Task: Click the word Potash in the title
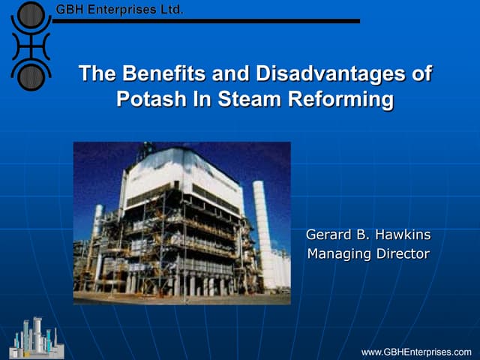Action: click(x=150, y=99)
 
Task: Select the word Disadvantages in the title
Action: click(x=327, y=74)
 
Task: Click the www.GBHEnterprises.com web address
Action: click(x=416, y=352)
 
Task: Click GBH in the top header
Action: click(x=70, y=10)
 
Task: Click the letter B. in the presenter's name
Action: click(x=363, y=235)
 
